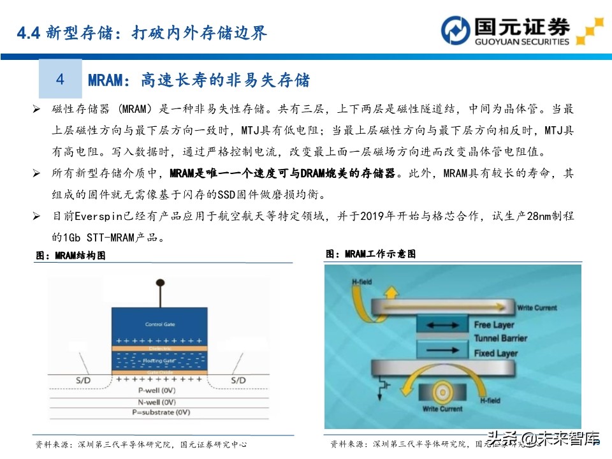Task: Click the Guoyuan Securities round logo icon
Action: (456, 31)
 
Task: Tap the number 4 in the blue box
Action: (61, 80)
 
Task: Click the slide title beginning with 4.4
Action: (142, 33)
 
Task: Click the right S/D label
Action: (238, 381)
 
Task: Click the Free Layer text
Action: (493, 325)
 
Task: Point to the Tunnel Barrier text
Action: (500, 337)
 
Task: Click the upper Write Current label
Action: (541, 308)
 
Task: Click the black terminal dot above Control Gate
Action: (159, 283)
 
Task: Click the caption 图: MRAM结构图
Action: (70, 256)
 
